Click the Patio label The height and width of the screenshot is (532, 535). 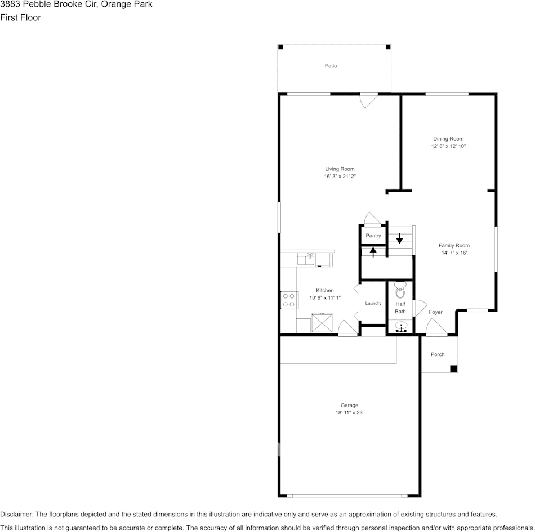coord(331,66)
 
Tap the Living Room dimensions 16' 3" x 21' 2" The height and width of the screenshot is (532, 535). coord(340,177)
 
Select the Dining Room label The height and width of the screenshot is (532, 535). coord(448,138)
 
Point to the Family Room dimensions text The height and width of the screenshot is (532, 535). coord(454,253)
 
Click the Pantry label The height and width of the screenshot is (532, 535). coord(373,236)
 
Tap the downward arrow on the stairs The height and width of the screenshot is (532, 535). coord(400,238)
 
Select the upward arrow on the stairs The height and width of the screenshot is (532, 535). coord(373,251)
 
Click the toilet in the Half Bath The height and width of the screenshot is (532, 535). coord(400,290)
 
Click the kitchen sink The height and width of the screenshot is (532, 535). coord(306,259)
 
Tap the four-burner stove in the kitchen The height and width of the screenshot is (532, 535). coord(289,300)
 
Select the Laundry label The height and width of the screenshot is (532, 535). coord(373,303)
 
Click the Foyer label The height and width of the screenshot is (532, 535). coord(435,312)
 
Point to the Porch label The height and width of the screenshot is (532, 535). coord(438,354)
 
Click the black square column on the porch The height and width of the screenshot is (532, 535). coord(453,368)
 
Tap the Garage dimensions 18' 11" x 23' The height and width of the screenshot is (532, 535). coord(349,413)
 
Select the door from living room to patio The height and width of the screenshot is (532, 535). coord(368,100)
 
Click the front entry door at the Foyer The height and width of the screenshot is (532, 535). coord(436,328)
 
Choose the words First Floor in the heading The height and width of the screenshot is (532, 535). coord(20,17)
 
